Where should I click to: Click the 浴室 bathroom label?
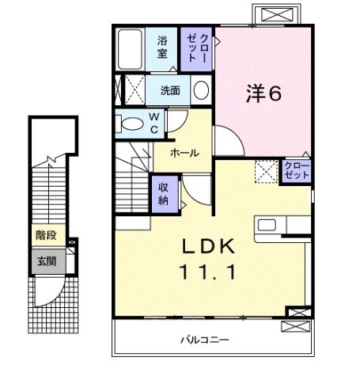pos(162,48)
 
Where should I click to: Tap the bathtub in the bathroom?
pos(128,50)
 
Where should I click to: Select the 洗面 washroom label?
pos(170,90)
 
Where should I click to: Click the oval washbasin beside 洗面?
pos(202,89)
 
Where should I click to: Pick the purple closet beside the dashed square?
pos(296,170)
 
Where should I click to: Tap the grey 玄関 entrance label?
pos(44,261)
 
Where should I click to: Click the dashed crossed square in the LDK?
pos(265,170)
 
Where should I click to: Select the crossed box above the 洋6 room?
pos(281,14)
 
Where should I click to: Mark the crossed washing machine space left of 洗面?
pos(131,88)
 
